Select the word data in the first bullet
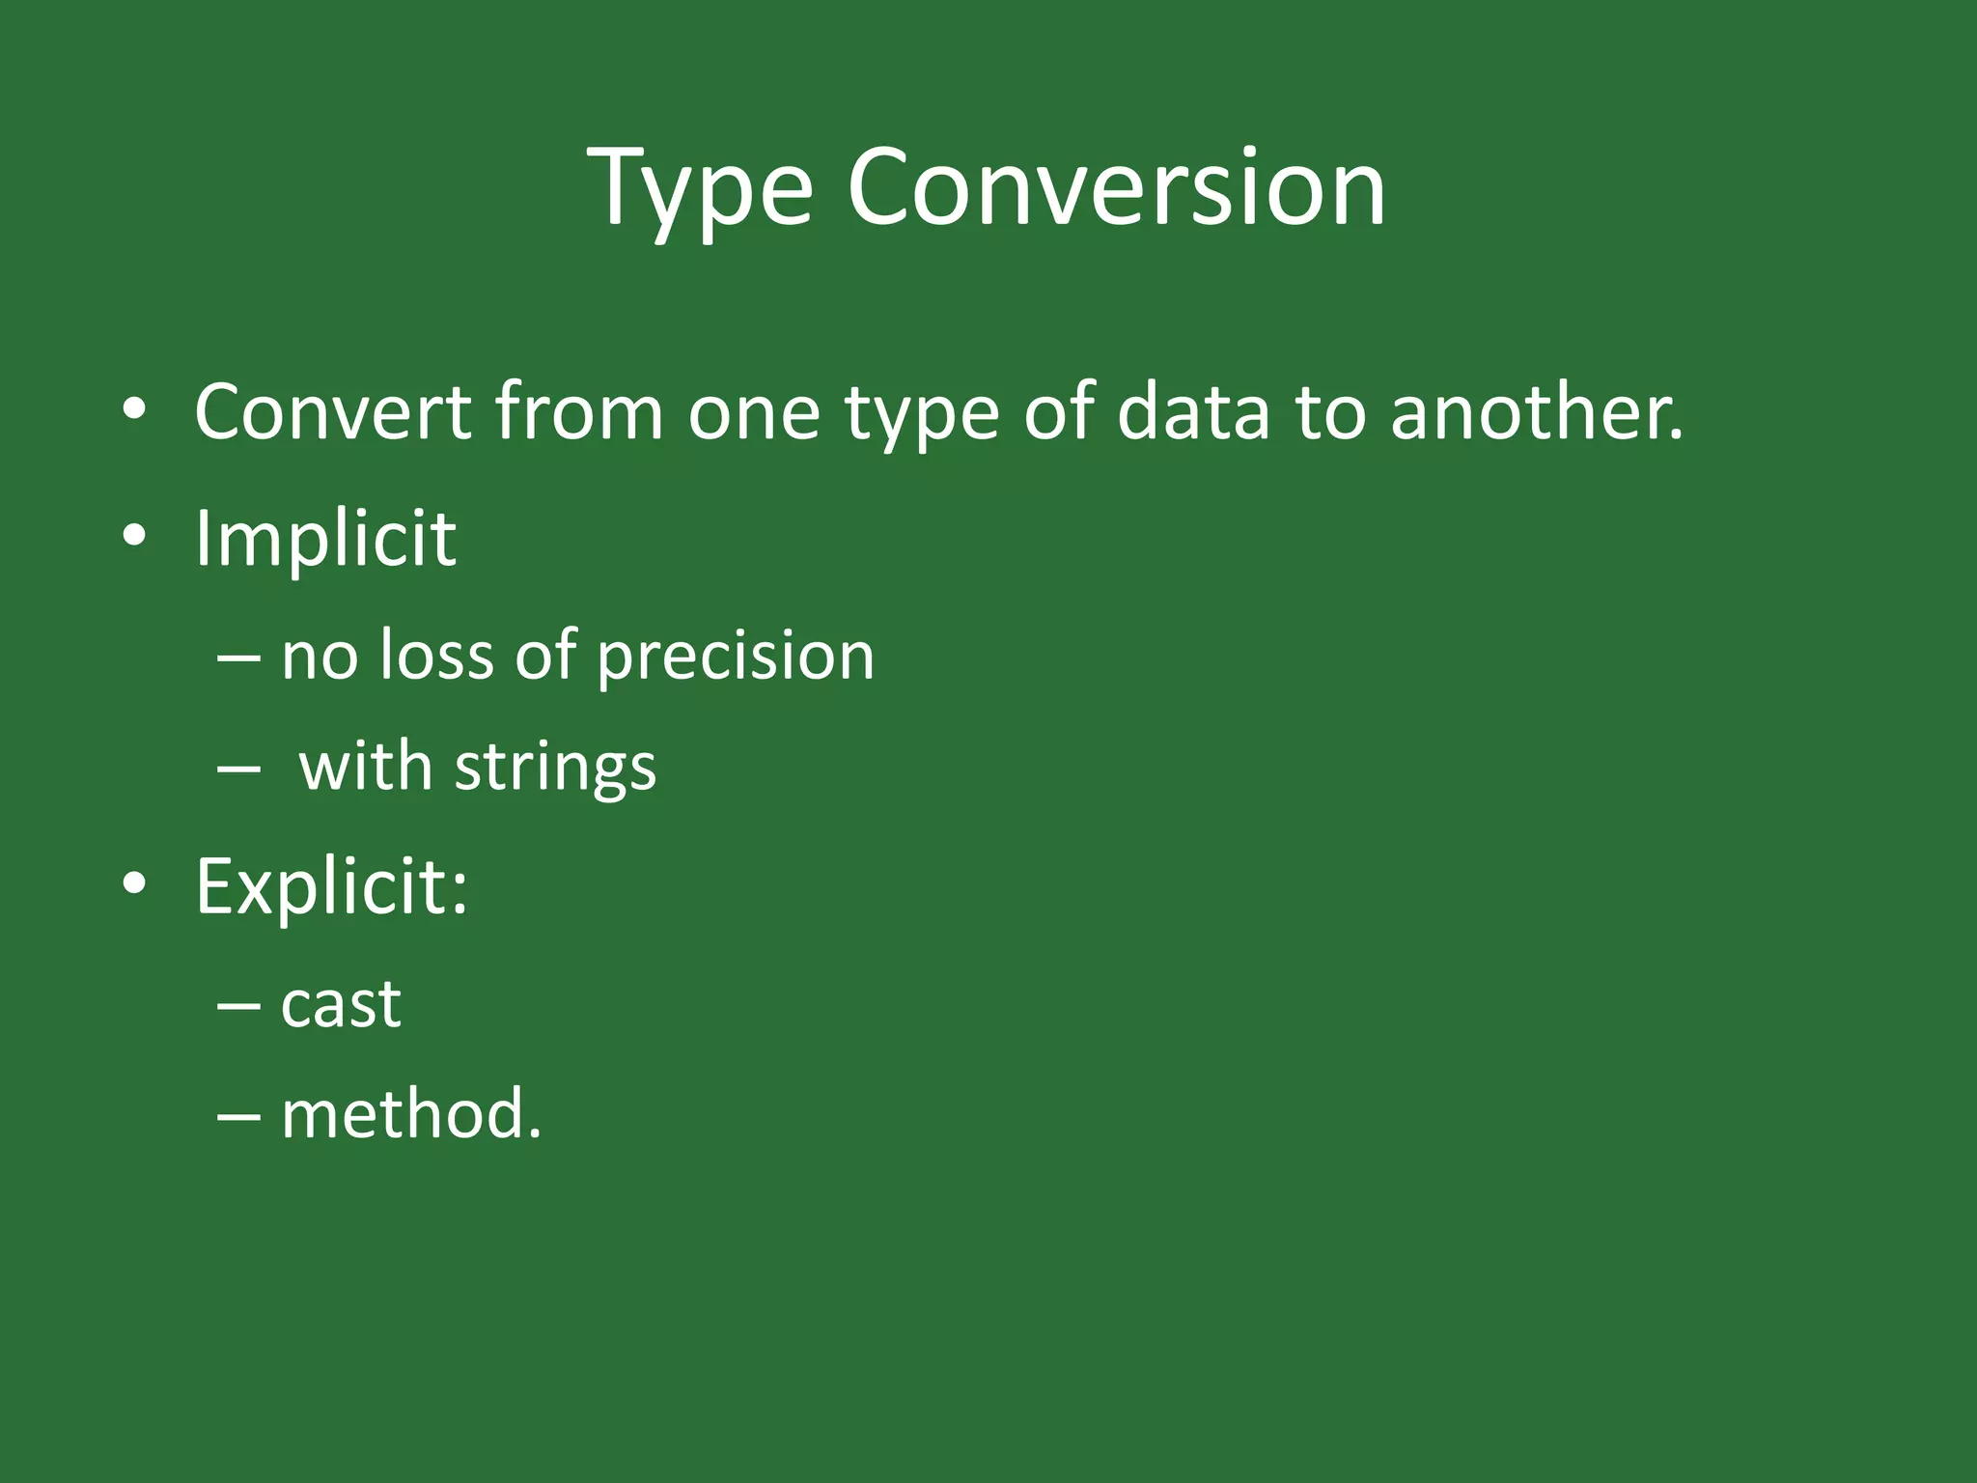(x=1192, y=412)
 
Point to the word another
(x=1536, y=412)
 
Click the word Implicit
(x=325, y=538)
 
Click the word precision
(x=735, y=657)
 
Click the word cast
(x=341, y=1005)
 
